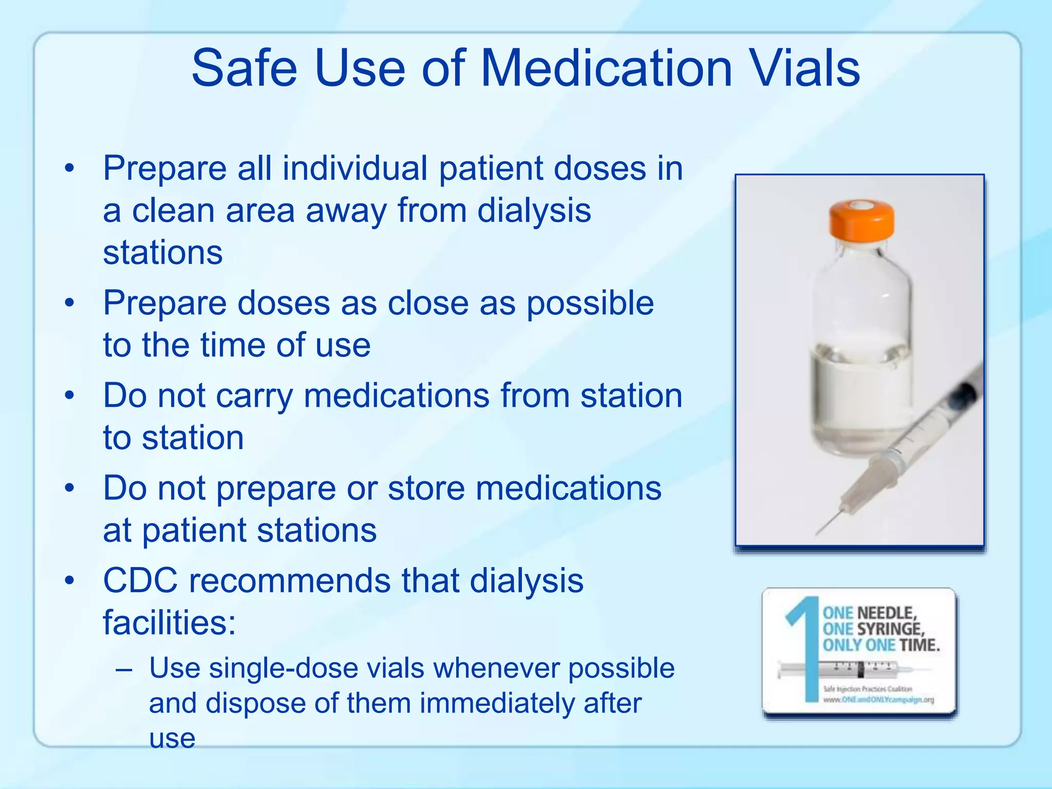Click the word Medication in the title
click(606, 68)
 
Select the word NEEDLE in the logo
click(887, 613)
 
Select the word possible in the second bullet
click(590, 303)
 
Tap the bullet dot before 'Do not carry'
click(70, 396)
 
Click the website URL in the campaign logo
click(879, 700)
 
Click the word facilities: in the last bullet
click(169, 623)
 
